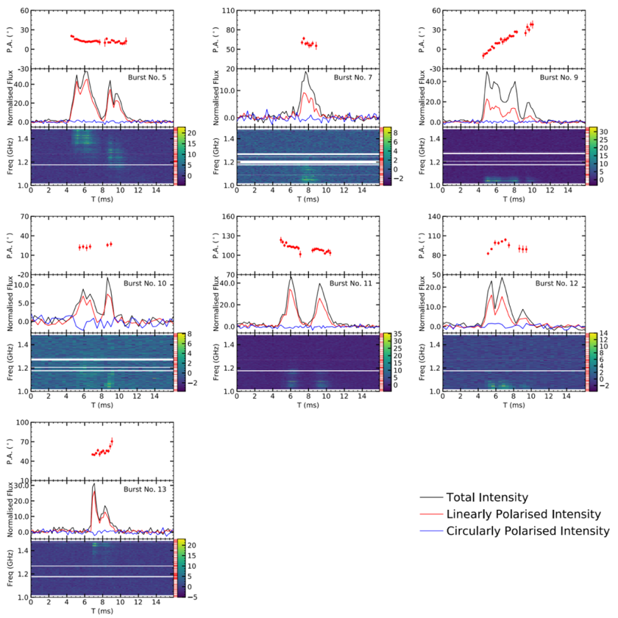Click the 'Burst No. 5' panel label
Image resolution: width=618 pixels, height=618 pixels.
coord(148,77)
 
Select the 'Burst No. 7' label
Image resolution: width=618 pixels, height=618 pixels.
coord(354,77)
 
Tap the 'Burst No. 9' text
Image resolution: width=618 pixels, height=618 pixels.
coord(560,77)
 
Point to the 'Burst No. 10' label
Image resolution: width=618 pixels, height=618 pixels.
coord(146,283)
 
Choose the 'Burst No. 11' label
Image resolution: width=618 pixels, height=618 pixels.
coord(352,283)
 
